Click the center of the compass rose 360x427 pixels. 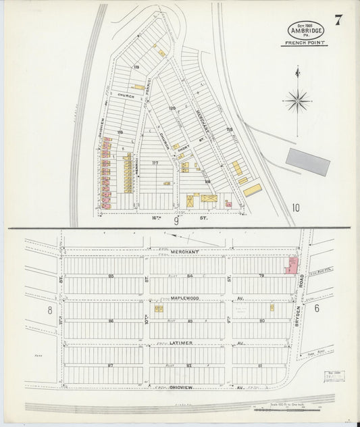coord(297,101)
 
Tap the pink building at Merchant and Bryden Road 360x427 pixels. coord(292,264)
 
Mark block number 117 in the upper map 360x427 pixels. coord(155,162)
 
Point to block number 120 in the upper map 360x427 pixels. coord(172,107)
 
